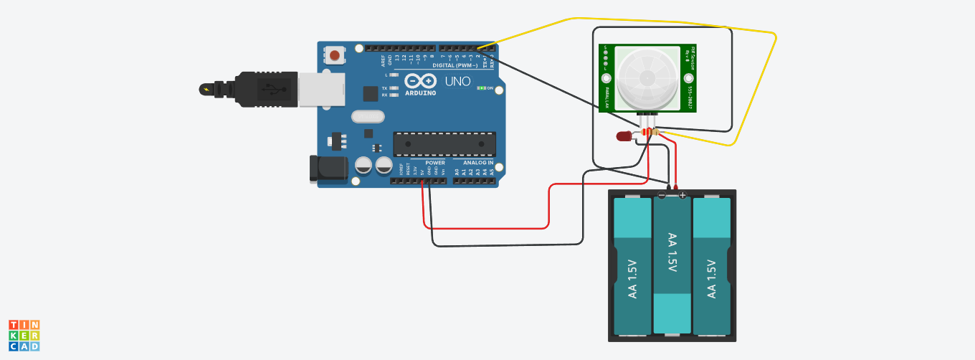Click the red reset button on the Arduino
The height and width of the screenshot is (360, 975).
pos(336,55)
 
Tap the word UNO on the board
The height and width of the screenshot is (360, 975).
pos(457,81)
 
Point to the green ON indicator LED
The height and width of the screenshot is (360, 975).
pos(482,88)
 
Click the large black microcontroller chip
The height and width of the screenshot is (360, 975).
pos(444,144)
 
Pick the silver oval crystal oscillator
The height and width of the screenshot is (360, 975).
pos(368,117)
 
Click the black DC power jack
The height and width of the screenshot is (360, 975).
pos(328,169)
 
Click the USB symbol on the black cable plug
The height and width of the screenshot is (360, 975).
pos(271,90)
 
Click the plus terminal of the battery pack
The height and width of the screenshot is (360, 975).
pos(682,194)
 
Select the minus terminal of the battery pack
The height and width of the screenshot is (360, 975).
pos(662,194)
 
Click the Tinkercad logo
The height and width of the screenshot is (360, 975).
pos(24,335)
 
